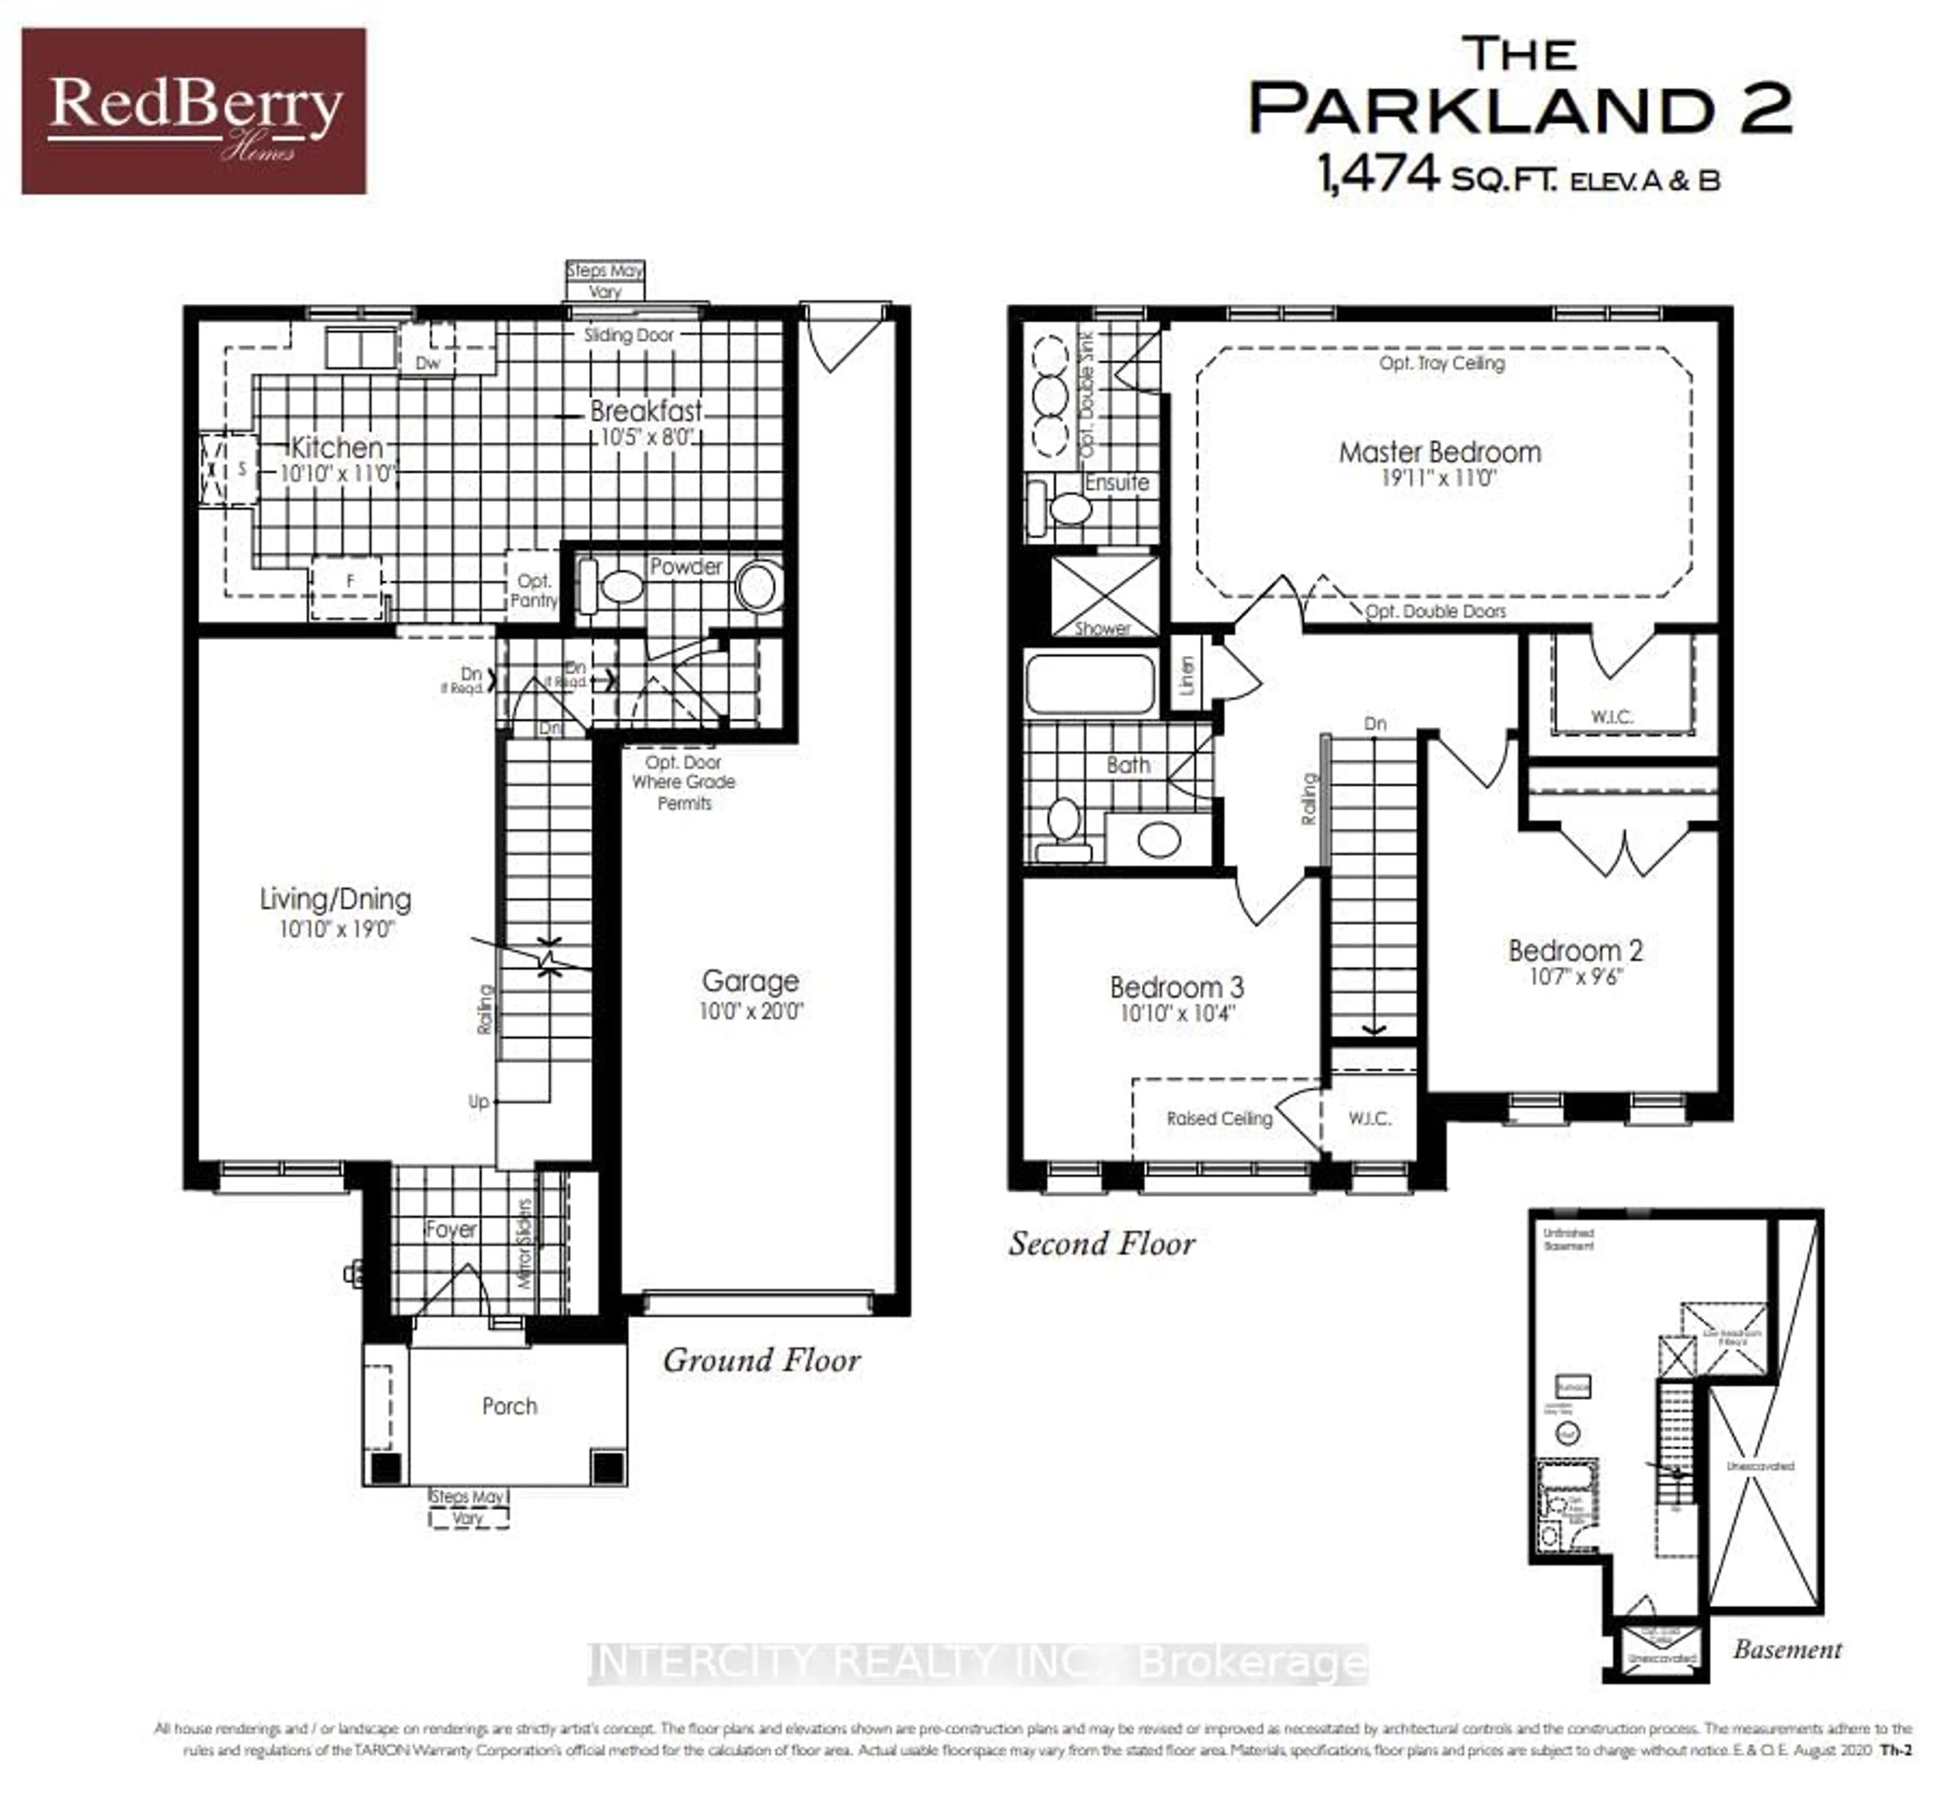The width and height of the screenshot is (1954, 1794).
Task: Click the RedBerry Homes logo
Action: pyautogui.click(x=194, y=111)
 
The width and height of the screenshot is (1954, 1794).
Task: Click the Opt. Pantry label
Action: pyautogui.click(x=534, y=590)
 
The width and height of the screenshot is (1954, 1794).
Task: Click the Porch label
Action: pyautogui.click(x=509, y=1406)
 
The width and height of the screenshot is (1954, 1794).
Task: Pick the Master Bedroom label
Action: pyautogui.click(x=1440, y=452)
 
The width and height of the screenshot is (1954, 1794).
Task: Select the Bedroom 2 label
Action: pyautogui.click(x=1574, y=950)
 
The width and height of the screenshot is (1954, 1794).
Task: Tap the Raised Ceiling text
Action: pyautogui.click(x=1219, y=1118)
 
